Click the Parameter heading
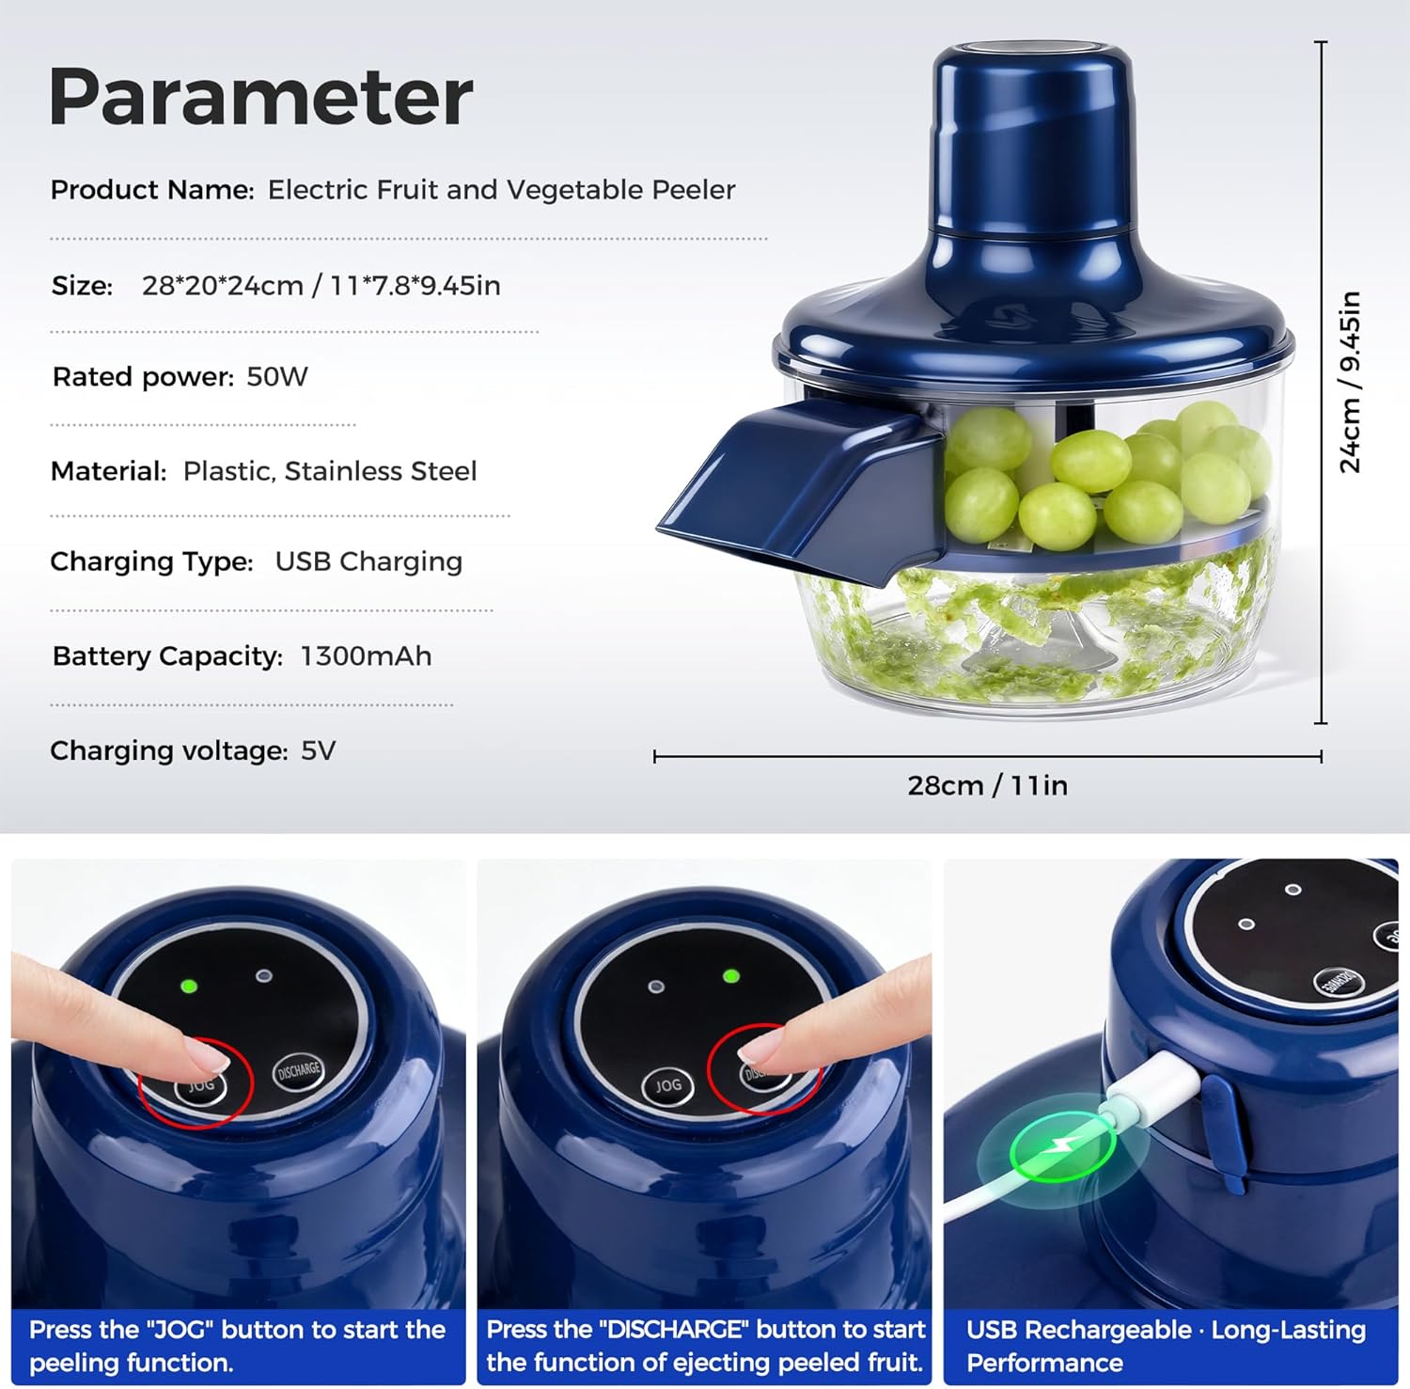(x=260, y=97)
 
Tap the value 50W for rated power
(x=277, y=377)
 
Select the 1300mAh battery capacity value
(x=366, y=656)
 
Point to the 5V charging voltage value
(x=318, y=750)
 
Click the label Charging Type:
(x=151, y=561)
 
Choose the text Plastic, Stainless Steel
(x=330, y=471)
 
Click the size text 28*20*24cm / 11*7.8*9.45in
(x=321, y=286)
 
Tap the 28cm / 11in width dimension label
(x=987, y=785)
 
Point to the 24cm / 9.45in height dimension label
(x=1350, y=381)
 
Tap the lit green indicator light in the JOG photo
(x=189, y=987)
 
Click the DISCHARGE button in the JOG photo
(x=298, y=1071)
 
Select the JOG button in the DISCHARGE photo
(x=667, y=1085)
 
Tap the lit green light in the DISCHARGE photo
(x=730, y=976)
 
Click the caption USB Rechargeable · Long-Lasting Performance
(x=1166, y=1346)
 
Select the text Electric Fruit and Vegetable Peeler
(x=501, y=190)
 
